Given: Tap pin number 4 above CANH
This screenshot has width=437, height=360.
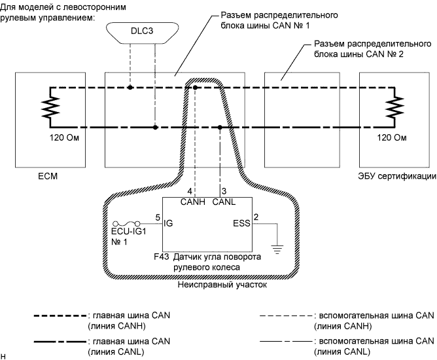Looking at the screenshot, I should (x=190, y=191).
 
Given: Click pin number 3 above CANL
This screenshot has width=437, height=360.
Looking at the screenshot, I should (x=224, y=191).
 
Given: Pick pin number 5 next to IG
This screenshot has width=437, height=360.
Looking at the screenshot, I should (x=158, y=217).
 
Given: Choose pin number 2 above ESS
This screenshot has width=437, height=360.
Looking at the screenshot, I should (x=256, y=217).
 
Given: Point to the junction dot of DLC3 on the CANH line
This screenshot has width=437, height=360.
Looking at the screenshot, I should (x=130, y=87).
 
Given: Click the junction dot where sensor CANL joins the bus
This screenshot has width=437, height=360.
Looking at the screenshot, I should (x=220, y=128).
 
